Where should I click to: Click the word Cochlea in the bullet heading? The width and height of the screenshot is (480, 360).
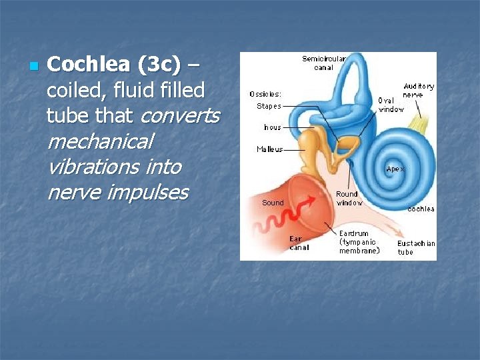[89, 65]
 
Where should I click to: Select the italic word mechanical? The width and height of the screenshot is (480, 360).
[100, 141]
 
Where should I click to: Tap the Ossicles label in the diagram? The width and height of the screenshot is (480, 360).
[265, 94]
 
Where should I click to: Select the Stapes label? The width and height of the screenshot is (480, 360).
[269, 106]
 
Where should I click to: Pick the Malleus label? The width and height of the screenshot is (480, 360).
[269, 149]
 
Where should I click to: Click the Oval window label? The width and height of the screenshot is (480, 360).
[391, 105]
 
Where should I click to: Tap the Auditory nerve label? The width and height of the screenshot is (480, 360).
[418, 90]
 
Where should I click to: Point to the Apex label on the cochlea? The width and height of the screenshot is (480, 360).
[395, 169]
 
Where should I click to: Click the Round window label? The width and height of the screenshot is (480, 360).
[349, 198]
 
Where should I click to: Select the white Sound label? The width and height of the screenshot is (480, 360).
[273, 203]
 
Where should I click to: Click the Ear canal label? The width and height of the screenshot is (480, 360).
[297, 243]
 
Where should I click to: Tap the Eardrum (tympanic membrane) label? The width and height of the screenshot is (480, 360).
[359, 242]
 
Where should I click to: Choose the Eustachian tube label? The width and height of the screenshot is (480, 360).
[415, 247]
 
